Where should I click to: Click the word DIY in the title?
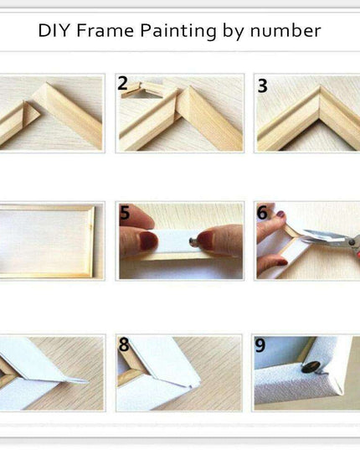pos(54,30)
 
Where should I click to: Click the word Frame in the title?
pos(105,30)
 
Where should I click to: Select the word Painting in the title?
pos(178,32)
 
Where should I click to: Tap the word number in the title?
pos(285,31)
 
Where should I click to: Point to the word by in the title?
pos(234,32)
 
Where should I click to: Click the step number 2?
pos(123,83)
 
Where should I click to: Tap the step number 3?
pos(263,85)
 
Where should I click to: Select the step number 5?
pos(125,213)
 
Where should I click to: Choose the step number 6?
pos(262,213)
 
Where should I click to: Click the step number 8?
pos(124,344)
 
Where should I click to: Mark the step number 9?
pos(260,345)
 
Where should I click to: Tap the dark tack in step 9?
pos(311,368)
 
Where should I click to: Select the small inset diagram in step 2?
pos(141,90)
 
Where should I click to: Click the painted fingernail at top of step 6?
pos(280,214)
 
